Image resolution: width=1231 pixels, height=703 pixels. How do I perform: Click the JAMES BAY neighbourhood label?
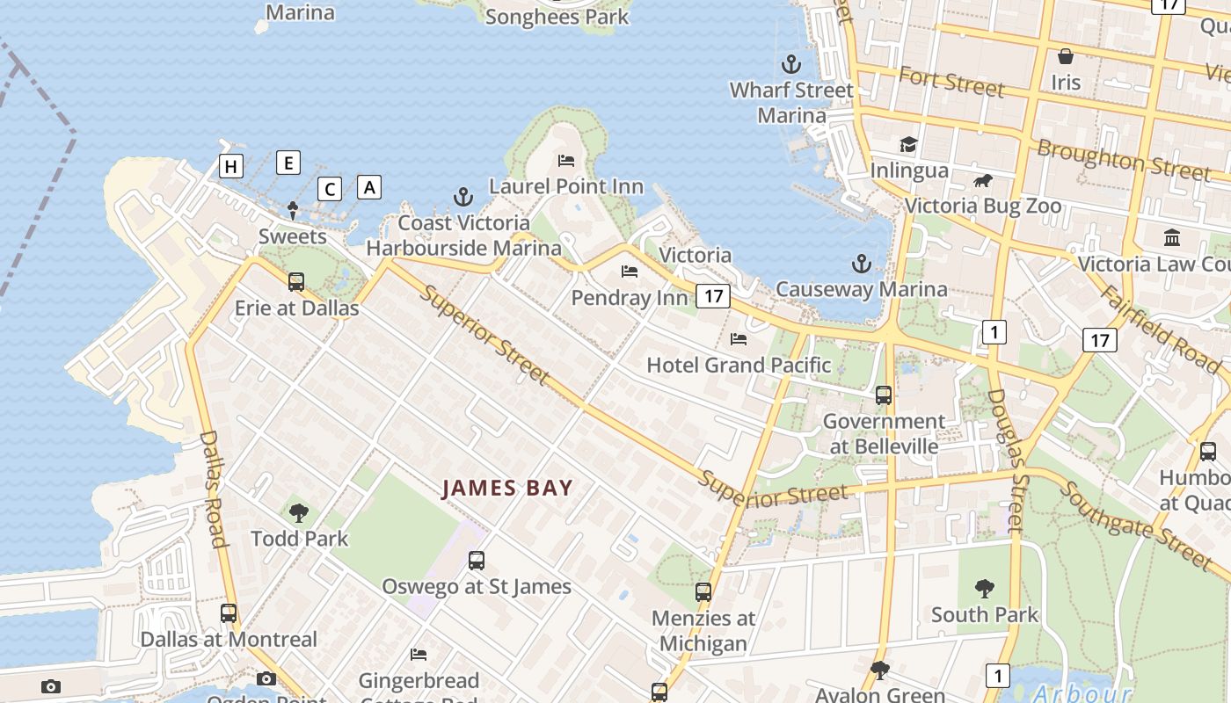(x=507, y=488)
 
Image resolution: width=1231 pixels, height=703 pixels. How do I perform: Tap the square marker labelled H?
(x=231, y=166)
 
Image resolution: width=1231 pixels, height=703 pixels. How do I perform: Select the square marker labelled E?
(x=288, y=163)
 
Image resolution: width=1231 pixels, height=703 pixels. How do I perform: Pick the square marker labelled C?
(x=330, y=189)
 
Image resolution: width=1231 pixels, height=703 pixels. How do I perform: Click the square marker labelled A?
(x=369, y=187)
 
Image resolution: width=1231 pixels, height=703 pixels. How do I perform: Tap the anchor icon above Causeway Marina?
(x=861, y=264)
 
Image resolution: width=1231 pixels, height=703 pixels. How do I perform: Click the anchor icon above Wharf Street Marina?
(x=791, y=64)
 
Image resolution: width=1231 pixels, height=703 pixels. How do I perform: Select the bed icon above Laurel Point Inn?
(x=566, y=161)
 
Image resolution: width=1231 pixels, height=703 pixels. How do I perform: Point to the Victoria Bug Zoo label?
(x=983, y=207)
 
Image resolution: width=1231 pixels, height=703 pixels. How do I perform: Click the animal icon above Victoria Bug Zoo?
(x=982, y=181)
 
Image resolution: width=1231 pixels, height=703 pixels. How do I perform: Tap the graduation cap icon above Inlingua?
(x=908, y=144)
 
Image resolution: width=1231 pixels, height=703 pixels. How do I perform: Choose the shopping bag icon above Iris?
(x=1066, y=57)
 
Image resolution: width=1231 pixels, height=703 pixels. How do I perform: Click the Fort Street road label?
(x=951, y=82)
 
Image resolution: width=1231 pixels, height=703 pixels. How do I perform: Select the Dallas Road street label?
(x=213, y=488)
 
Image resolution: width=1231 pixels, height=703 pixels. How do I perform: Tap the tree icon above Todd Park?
(x=299, y=513)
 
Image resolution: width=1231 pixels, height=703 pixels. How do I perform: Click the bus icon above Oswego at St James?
(x=477, y=561)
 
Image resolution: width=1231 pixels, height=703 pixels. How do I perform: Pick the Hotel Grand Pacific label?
(x=739, y=365)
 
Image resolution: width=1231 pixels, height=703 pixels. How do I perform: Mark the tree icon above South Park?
(x=985, y=589)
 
